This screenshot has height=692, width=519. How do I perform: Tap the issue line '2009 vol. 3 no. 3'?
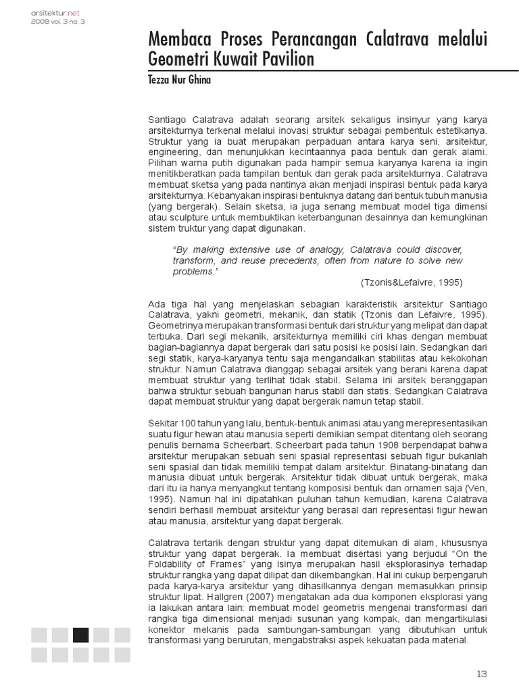click(57, 21)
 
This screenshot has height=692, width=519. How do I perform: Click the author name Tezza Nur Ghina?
click(178, 79)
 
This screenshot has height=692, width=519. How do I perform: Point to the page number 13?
click(481, 673)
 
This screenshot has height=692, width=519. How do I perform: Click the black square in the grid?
click(80, 635)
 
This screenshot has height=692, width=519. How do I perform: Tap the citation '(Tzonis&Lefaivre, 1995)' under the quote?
click(412, 282)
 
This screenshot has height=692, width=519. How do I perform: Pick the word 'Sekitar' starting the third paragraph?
click(163, 423)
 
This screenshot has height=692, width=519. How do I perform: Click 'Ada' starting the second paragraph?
click(157, 304)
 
